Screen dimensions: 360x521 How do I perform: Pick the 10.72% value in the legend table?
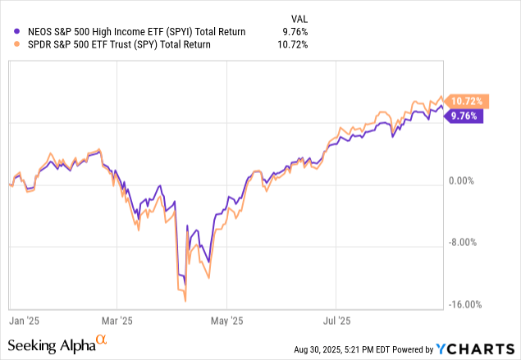click(x=290, y=44)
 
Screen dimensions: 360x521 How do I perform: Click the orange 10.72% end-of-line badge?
click(x=465, y=102)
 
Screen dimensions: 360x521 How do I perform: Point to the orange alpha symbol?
click(x=102, y=339)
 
